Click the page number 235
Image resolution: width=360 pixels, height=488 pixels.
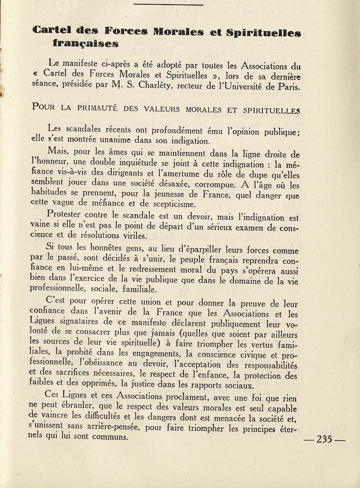pos(324,439)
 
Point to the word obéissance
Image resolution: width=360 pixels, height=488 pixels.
pos(102,364)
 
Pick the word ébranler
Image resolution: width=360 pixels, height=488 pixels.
pos(77,407)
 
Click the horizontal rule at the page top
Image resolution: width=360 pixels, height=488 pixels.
pos(168,4)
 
